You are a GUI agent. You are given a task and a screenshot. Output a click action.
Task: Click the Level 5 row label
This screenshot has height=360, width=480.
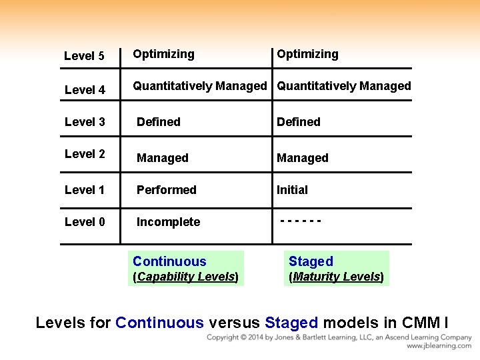[84, 56]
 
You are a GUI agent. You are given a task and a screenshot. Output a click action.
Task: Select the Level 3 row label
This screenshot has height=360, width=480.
[85, 121]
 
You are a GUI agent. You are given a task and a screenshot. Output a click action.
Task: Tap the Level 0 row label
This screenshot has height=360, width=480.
[85, 222]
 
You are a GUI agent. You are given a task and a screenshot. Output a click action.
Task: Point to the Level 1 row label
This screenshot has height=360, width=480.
[85, 190]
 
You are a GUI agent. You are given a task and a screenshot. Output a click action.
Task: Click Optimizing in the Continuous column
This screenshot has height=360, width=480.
[163, 54]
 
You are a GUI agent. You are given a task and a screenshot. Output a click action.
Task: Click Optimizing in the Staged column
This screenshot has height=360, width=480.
[307, 54]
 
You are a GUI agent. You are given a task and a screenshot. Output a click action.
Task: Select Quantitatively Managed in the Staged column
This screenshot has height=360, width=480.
[344, 86]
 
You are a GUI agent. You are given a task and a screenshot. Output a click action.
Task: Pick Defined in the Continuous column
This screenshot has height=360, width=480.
[159, 122]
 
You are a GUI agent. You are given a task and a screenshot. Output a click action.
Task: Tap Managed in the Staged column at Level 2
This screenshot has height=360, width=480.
[303, 158]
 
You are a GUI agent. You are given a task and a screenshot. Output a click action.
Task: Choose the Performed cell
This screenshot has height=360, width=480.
[167, 190]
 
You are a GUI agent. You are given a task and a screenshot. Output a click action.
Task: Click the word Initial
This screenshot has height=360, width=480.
[292, 190]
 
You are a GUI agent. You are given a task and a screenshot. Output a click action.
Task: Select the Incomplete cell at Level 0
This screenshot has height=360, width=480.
[168, 222]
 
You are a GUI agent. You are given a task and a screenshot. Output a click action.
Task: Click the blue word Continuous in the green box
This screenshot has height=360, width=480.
[169, 261]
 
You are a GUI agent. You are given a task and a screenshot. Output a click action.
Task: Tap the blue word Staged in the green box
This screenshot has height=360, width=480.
[311, 261]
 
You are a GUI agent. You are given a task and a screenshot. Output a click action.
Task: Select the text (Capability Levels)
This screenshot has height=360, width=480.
[186, 277]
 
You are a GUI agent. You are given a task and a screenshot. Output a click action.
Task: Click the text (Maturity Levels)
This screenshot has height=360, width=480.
[336, 277]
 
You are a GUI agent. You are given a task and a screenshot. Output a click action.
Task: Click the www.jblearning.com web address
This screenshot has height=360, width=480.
[439, 346]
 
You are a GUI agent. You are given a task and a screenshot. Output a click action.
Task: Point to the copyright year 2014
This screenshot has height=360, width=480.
[257, 338]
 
